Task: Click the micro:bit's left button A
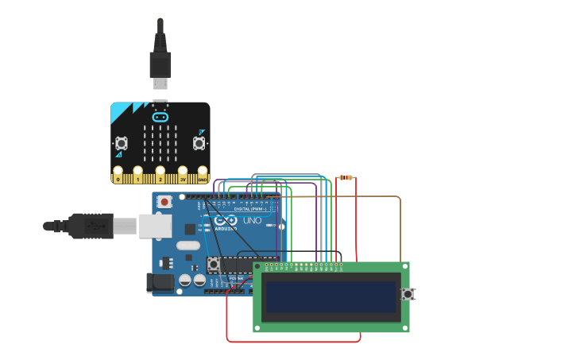tap(122, 143)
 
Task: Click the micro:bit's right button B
tap(199, 143)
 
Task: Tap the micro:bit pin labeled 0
tap(118, 174)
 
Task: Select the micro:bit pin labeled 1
tap(138, 174)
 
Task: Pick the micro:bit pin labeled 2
tap(160, 174)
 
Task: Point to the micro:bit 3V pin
tap(183, 174)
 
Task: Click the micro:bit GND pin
tap(203, 174)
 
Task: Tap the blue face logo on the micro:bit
tap(160, 117)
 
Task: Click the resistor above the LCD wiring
tap(346, 178)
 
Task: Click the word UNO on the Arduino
tap(252, 220)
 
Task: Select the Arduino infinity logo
tap(225, 221)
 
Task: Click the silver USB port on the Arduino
tap(156, 226)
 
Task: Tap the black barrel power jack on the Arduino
tap(160, 282)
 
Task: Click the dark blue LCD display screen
tap(331, 296)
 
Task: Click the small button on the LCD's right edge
tap(408, 294)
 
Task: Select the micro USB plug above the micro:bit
tap(160, 81)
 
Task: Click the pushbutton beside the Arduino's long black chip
tap(213, 263)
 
